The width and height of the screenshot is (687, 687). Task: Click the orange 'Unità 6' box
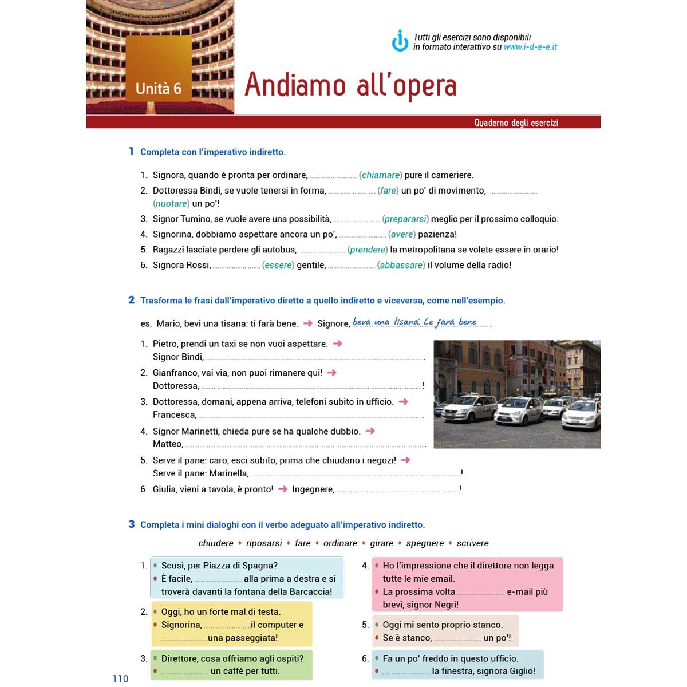[159, 69]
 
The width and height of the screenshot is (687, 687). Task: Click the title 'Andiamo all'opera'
[350, 86]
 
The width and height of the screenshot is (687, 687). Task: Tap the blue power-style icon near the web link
[400, 41]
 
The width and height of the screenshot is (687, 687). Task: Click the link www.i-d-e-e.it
[530, 47]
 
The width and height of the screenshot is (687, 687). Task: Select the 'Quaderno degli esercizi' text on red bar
[516, 123]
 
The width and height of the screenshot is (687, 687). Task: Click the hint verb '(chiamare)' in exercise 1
[381, 175]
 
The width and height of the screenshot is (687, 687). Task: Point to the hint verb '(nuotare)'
[171, 203]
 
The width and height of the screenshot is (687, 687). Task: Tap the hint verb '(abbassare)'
[401, 265]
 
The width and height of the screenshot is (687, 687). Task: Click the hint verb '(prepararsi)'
[405, 219]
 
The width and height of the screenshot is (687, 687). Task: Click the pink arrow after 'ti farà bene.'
[307, 323]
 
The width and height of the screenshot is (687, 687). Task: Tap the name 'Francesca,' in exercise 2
[175, 414]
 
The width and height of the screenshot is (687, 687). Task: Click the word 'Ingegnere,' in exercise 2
[313, 489]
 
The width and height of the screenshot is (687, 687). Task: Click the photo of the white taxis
[517, 394]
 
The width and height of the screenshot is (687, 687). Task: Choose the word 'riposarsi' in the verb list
[264, 543]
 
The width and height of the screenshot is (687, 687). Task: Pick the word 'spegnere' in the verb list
[425, 543]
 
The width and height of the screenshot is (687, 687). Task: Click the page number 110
[120, 679]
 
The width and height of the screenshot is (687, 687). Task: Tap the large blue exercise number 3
[132, 524]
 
